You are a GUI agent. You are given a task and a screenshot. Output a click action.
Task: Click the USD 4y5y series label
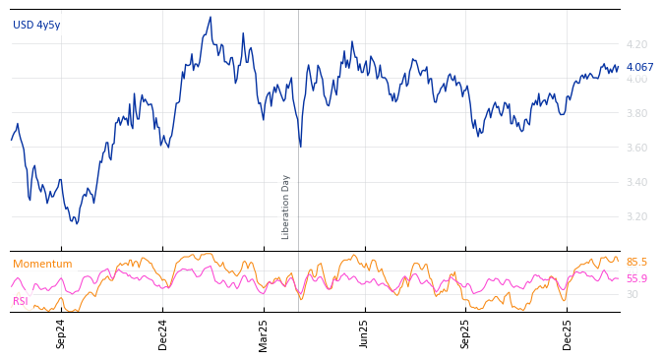coord(36,26)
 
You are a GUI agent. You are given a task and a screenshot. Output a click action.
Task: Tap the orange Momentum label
coord(42,265)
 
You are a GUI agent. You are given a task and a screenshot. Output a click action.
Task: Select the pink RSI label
coord(21,301)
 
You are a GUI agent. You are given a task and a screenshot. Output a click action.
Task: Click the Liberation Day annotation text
coord(286,207)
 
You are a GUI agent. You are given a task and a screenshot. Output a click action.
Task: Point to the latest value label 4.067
coord(639,68)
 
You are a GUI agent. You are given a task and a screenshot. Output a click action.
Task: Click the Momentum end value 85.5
coord(636,263)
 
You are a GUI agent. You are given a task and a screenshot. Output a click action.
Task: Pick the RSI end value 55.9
coord(636,279)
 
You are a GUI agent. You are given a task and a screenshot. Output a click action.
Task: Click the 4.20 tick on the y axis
coord(636,44)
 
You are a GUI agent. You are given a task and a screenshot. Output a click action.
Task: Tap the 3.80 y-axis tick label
coord(636,113)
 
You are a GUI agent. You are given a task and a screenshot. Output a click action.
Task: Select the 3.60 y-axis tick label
coord(636,148)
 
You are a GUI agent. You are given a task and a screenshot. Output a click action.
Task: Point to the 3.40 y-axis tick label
coord(636,182)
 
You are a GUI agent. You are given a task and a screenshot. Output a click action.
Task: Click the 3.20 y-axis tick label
coord(636,216)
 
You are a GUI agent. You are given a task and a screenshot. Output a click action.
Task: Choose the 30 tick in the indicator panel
coord(632,294)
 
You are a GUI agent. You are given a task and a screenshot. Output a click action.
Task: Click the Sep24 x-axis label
coord(61,333)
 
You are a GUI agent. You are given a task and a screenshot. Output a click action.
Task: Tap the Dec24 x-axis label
coord(163,333)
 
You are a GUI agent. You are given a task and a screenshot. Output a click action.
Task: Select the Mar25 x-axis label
coord(264,333)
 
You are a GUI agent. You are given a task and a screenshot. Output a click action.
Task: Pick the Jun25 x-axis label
coord(364,333)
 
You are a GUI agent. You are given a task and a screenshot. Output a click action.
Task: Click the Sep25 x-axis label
coord(466,333)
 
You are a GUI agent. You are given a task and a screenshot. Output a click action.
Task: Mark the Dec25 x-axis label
coord(568,333)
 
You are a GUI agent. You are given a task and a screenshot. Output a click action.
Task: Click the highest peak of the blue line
coord(211,18)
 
